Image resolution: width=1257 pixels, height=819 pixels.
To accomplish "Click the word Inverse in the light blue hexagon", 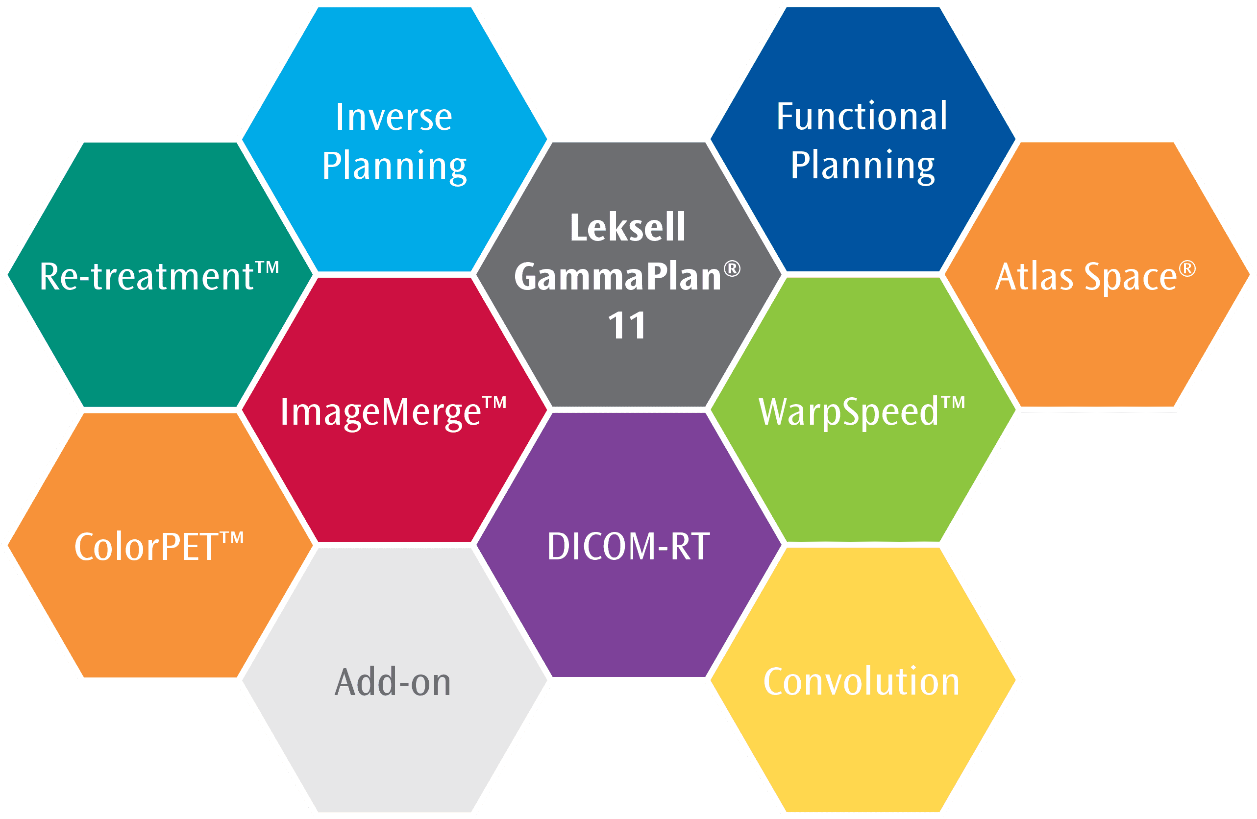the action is [394, 117].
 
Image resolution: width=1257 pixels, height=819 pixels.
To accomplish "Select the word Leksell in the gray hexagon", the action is [627, 227].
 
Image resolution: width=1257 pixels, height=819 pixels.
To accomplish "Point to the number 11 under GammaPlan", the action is [627, 325].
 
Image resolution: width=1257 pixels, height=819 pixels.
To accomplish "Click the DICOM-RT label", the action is [628, 547].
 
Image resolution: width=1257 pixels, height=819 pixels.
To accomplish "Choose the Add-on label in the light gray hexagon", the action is [393, 682].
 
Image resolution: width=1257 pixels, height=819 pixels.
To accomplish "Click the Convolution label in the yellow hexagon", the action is [862, 682].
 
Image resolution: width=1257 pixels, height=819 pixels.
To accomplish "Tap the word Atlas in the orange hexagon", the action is [1034, 276].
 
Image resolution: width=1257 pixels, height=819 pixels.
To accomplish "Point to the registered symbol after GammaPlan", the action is [732, 269].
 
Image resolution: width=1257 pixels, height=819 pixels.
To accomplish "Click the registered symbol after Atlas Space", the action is [1187, 269].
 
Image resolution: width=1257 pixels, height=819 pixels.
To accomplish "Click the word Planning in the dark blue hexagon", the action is [863, 168].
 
